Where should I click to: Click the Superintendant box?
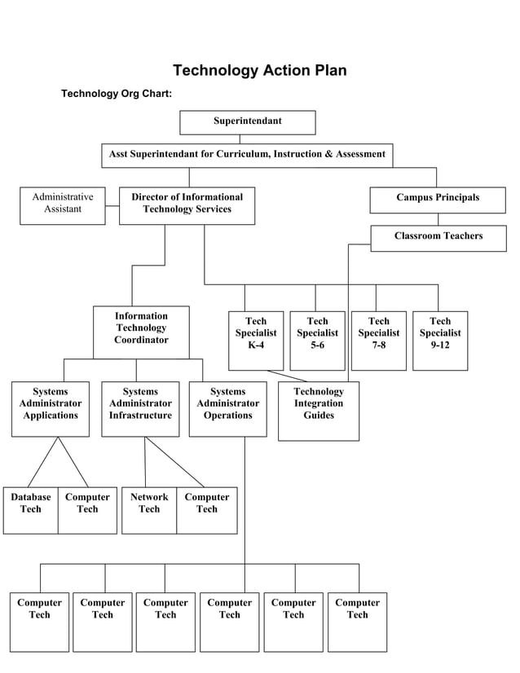247,122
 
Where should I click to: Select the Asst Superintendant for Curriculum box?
247,155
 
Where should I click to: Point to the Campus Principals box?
438,200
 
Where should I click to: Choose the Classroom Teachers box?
438,238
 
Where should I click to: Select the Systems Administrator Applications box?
51,408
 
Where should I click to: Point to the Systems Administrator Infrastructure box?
140,408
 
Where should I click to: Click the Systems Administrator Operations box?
227,408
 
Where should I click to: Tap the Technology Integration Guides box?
319,411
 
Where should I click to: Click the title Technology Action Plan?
259,70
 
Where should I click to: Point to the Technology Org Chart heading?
117,94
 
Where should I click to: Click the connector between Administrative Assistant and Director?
112,206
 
